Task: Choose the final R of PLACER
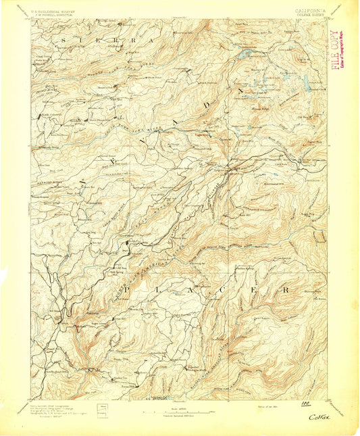point(288,289)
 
